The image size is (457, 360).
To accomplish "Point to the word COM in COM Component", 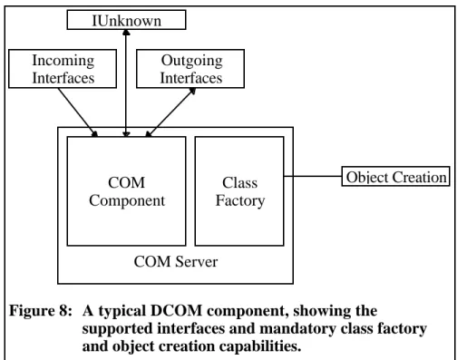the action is point(126,182).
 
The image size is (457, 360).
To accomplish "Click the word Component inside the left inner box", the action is point(127,201).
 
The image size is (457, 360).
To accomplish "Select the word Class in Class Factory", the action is point(240,182).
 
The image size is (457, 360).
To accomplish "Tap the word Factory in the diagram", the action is point(240,201).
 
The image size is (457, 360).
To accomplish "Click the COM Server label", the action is point(176,262).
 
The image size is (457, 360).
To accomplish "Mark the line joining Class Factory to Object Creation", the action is point(313,176).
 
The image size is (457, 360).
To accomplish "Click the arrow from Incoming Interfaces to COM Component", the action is point(78,112).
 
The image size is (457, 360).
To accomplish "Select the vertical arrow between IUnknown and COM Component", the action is point(126,83).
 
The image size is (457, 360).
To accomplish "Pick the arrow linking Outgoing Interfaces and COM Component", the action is point(170,112).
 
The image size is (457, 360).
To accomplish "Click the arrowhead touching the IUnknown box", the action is point(126,32).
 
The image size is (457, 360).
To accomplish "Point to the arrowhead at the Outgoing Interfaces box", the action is point(192,91).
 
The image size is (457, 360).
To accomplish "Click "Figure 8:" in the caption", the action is point(41,311).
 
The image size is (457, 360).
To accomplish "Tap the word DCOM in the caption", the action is point(176,311).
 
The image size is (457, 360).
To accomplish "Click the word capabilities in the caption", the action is point(260,346).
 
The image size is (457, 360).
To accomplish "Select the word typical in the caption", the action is point(122,311).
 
